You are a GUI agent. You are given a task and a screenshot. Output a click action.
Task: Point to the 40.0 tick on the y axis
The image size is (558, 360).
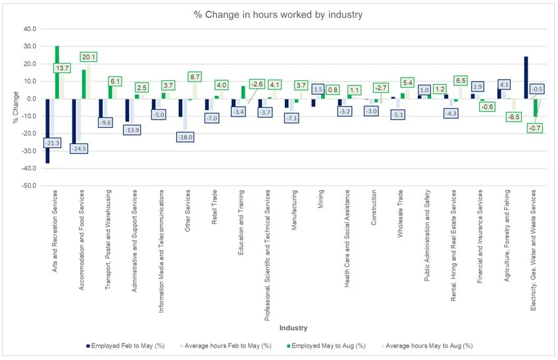point(30,29)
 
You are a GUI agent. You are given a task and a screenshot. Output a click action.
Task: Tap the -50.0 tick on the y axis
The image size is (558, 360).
point(30,186)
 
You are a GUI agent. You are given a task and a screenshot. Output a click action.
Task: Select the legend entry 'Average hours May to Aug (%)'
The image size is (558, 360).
point(427,346)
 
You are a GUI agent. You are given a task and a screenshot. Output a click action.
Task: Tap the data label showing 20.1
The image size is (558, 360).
point(89,57)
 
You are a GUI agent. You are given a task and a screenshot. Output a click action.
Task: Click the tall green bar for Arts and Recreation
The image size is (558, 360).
point(57,72)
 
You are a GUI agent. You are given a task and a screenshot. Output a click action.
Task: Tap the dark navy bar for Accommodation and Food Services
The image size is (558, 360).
point(74,126)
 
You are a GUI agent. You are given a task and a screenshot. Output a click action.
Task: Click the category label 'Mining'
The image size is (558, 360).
point(320,199)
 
